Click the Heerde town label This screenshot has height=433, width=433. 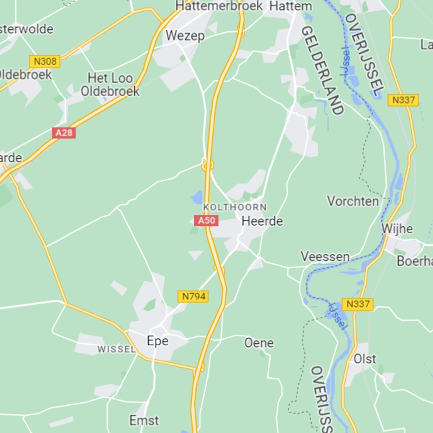coord(262,221)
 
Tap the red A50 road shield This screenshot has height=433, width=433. coord(206,221)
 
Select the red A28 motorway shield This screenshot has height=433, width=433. coord(64,133)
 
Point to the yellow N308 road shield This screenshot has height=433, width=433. coord(45,62)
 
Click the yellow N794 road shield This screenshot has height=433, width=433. coord(193,297)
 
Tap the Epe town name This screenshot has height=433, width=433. coord(158,341)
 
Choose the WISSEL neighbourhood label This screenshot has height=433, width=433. coord(116,350)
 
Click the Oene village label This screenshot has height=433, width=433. coord(259,343)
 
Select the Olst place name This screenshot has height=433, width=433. coord(365,359)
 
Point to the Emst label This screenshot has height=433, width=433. coord(144,421)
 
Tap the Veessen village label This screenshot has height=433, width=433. coord(325,257)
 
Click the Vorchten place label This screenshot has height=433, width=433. coord(353,201)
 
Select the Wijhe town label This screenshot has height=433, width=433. coord(397,229)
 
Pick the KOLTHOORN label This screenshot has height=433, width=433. coord(235,207)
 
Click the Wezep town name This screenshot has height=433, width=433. coord(185,36)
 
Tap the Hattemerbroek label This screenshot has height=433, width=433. coord(219,6)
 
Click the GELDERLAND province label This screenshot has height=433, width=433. coord(323,70)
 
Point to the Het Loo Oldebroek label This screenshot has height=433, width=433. coord(110,85)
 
